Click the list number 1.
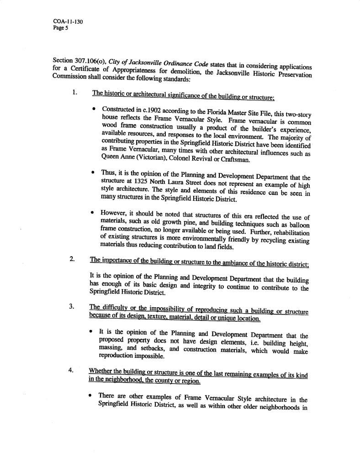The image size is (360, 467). [x=74, y=92]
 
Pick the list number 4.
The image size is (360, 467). [x=71, y=369]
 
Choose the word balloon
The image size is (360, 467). [x=299, y=226]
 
